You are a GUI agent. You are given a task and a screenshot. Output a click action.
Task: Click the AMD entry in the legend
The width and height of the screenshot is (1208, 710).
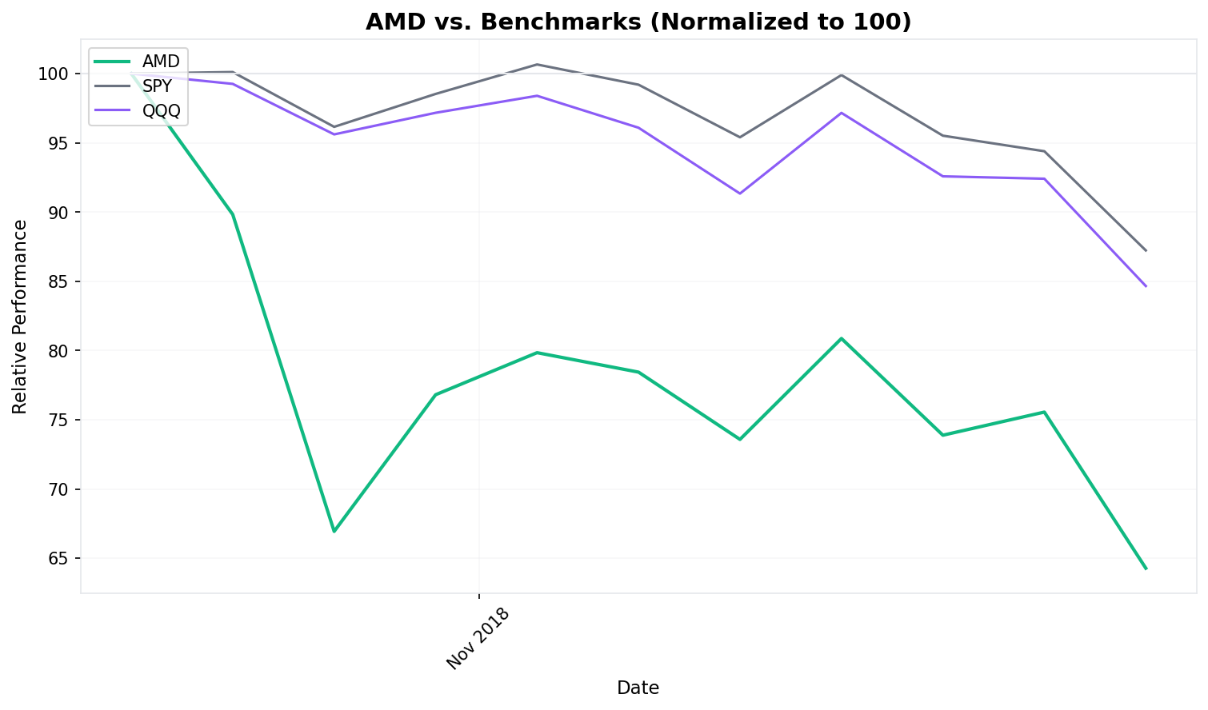click(161, 62)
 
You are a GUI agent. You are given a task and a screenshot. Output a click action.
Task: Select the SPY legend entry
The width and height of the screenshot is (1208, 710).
click(157, 86)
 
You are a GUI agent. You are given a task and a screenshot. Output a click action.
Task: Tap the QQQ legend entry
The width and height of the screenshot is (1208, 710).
click(161, 111)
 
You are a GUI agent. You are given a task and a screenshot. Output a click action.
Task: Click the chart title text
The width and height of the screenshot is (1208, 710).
click(638, 22)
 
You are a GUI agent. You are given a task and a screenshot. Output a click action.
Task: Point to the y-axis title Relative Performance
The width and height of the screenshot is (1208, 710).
click(20, 317)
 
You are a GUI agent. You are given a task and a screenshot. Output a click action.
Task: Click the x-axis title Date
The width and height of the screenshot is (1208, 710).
click(638, 688)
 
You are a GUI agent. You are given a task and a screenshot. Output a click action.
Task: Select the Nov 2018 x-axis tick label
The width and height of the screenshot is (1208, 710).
click(478, 639)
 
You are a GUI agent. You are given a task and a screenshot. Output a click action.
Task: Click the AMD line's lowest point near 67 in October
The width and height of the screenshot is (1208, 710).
click(334, 532)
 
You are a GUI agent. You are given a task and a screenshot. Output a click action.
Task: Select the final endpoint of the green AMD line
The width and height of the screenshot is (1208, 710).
click(1146, 568)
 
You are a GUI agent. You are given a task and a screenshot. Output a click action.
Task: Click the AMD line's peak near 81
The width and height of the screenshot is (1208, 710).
click(842, 338)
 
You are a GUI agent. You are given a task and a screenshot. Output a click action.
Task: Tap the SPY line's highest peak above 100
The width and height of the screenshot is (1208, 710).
click(537, 64)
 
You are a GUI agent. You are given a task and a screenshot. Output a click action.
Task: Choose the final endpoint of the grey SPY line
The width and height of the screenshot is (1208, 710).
click(1146, 250)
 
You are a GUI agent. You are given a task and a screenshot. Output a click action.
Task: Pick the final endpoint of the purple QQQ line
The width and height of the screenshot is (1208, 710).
click(1146, 286)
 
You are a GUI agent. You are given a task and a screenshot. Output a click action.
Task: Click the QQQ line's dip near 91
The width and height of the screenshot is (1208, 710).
click(740, 193)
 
